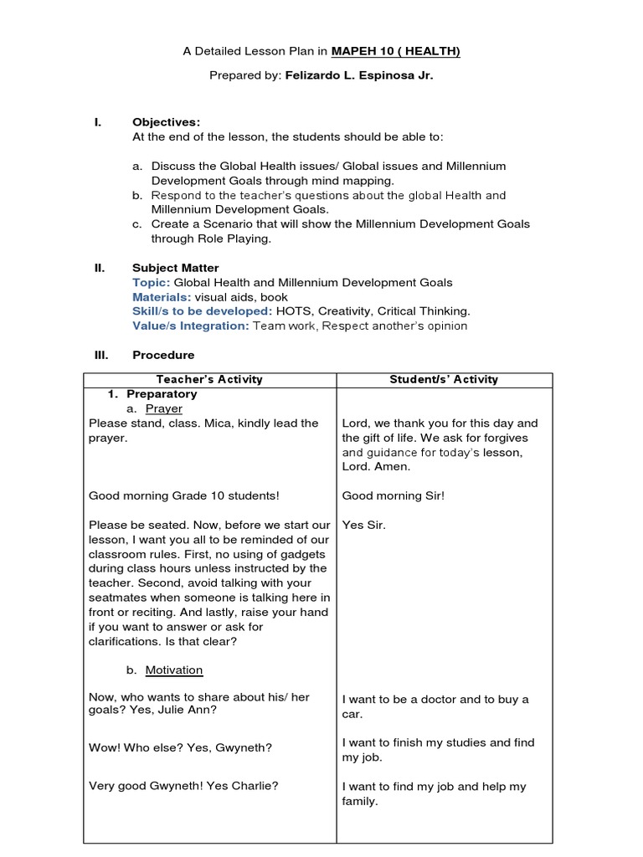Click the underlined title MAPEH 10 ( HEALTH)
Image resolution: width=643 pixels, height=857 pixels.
(395, 52)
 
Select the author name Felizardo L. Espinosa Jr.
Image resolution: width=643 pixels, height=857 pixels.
(349, 76)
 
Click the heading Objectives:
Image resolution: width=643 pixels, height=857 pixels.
(166, 122)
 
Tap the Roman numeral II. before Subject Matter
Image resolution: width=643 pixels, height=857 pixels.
(99, 268)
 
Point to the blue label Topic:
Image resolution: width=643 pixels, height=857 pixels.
(151, 283)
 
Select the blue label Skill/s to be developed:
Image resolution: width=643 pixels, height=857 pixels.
(202, 311)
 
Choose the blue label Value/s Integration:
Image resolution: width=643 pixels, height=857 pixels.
(191, 326)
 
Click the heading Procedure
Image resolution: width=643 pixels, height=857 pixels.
(163, 355)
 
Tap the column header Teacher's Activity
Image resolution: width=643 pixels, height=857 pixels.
(209, 379)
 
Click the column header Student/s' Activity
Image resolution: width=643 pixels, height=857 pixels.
(444, 379)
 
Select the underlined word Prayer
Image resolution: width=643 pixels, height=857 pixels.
(163, 408)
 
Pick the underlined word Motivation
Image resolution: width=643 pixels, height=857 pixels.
(173, 670)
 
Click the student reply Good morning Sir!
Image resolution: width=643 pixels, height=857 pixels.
(393, 495)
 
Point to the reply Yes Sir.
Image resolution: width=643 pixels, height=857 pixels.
(364, 525)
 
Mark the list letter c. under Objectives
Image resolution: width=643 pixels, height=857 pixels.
(137, 224)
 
